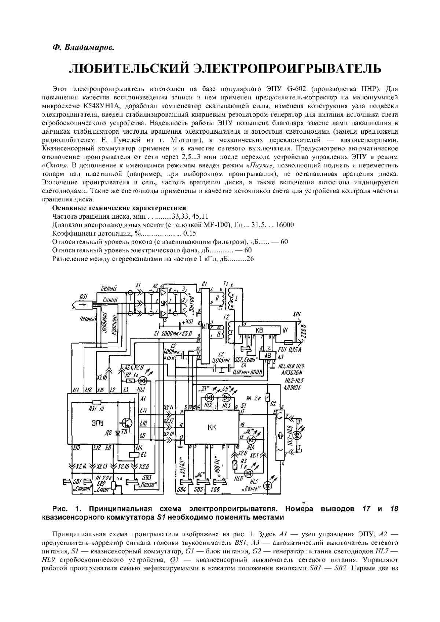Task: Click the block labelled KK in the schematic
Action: pos(212,427)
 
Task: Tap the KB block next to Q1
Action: pos(259,330)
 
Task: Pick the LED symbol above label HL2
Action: pos(209,397)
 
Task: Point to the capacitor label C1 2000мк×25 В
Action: pos(168,334)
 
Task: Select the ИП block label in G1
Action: pos(205,325)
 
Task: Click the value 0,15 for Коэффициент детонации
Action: pos(190,233)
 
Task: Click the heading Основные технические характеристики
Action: pos(120,208)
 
